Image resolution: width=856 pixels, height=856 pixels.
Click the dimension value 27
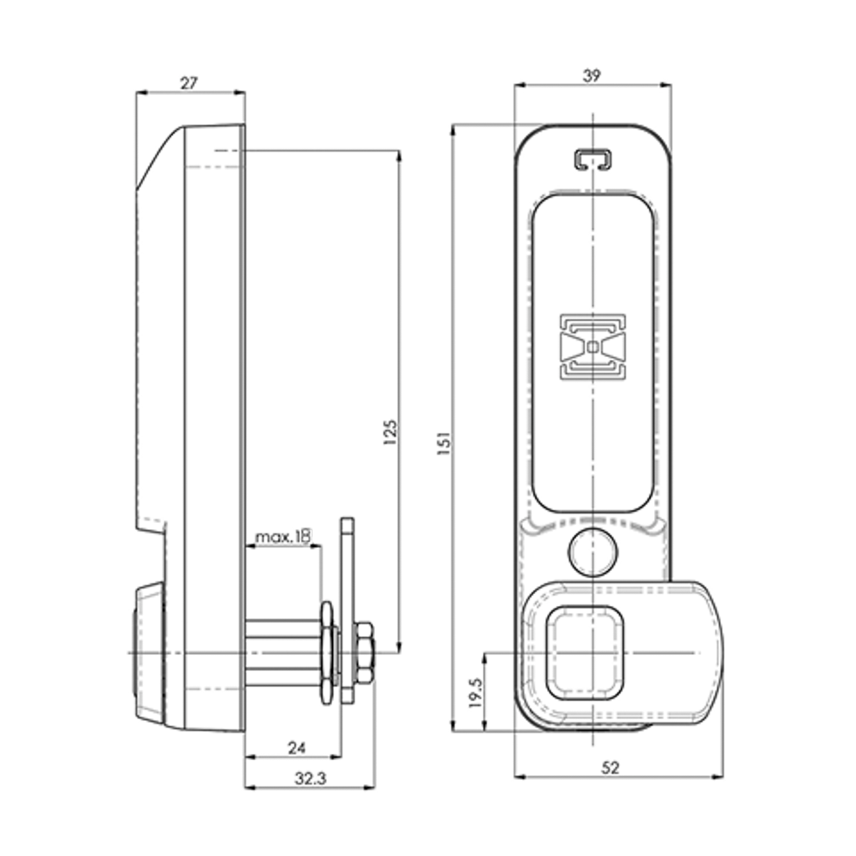189,82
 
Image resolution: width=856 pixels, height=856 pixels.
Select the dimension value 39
591,75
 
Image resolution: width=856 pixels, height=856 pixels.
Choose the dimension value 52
609,768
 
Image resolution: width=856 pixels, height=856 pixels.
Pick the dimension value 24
296,747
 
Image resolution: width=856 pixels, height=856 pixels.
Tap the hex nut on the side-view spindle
363,652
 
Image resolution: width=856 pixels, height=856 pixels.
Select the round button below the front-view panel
592,552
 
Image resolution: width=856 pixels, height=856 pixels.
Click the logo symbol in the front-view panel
592,347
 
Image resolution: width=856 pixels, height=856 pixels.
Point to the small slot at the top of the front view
592,159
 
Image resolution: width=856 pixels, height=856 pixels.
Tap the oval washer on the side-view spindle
326,652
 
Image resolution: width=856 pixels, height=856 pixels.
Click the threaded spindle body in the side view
282,652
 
